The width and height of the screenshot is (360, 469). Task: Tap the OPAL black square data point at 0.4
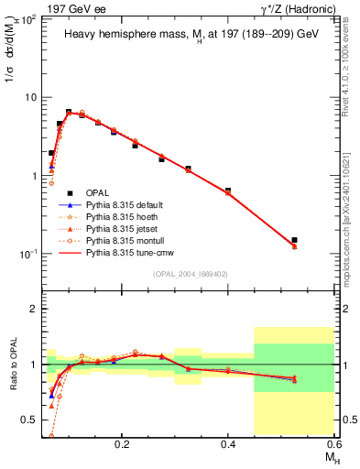click(228, 191)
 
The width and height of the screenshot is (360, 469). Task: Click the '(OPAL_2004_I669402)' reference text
click(194, 273)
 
